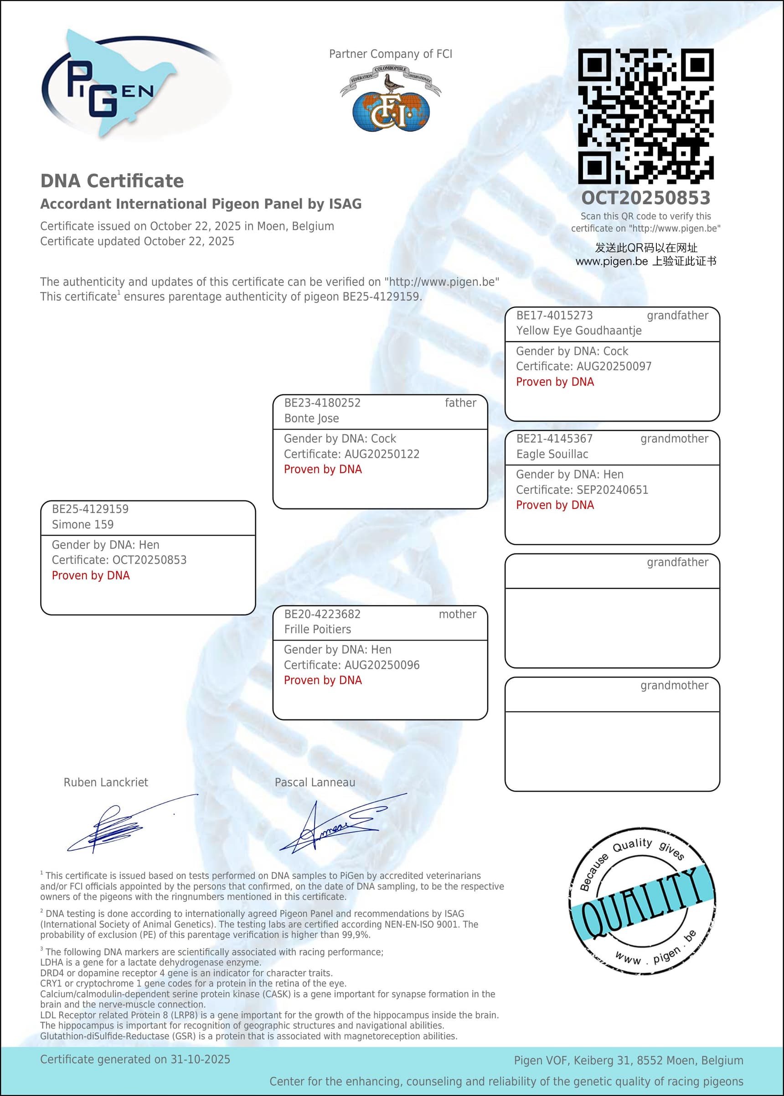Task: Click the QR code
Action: (645, 116)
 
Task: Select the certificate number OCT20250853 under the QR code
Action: (645, 198)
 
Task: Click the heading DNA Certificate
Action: (112, 181)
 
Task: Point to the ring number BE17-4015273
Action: (554, 316)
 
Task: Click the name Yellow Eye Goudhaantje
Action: (579, 331)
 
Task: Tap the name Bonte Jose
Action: (311, 419)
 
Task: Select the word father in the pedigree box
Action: (460, 403)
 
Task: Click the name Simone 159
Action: (83, 525)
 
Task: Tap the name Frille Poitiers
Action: (317, 630)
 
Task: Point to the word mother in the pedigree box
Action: (457, 615)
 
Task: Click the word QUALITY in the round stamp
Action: (642, 903)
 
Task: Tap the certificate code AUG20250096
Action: (382, 665)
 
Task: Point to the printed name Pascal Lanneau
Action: (315, 783)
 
